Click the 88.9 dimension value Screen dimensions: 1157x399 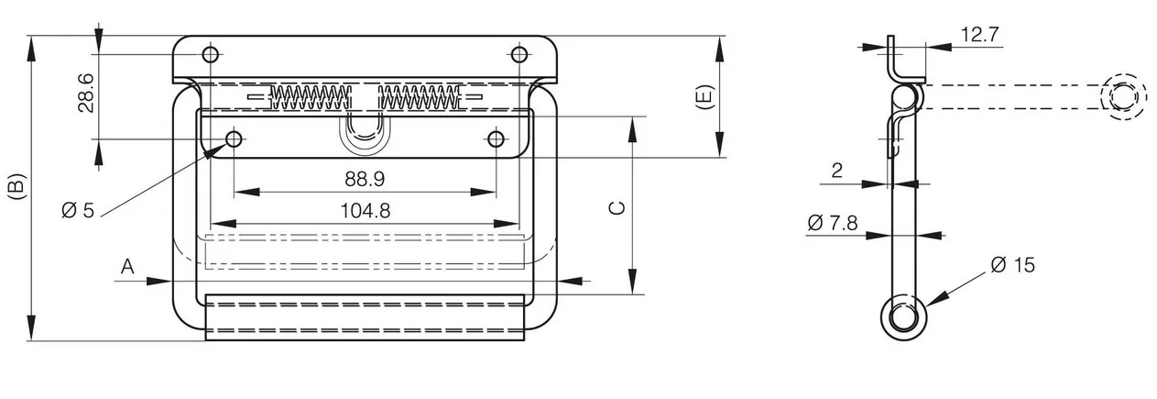click(365, 179)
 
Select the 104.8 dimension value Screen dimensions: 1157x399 click(366, 211)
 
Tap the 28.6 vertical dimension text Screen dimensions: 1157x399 click(86, 94)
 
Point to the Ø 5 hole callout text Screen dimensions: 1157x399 click(78, 211)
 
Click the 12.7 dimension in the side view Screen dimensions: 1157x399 click(980, 35)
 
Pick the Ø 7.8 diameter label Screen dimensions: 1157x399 click(832, 223)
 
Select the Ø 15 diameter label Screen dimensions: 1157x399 click(1013, 265)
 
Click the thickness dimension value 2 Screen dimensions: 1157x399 click(837, 171)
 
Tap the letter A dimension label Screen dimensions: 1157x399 click(127, 267)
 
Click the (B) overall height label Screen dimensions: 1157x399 click(16, 187)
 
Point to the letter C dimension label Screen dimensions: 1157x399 click(617, 208)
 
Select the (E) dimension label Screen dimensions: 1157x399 click(704, 97)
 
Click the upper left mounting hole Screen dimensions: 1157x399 click(210, 54)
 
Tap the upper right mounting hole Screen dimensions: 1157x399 click(519, 54)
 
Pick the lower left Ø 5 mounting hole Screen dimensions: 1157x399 click(234, 139)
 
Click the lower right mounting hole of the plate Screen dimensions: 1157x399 click(496, 139)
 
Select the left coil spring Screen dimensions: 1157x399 click(310, 97)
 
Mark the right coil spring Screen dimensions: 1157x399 click(419, 97)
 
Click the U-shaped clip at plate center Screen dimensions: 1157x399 click(365, 134)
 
